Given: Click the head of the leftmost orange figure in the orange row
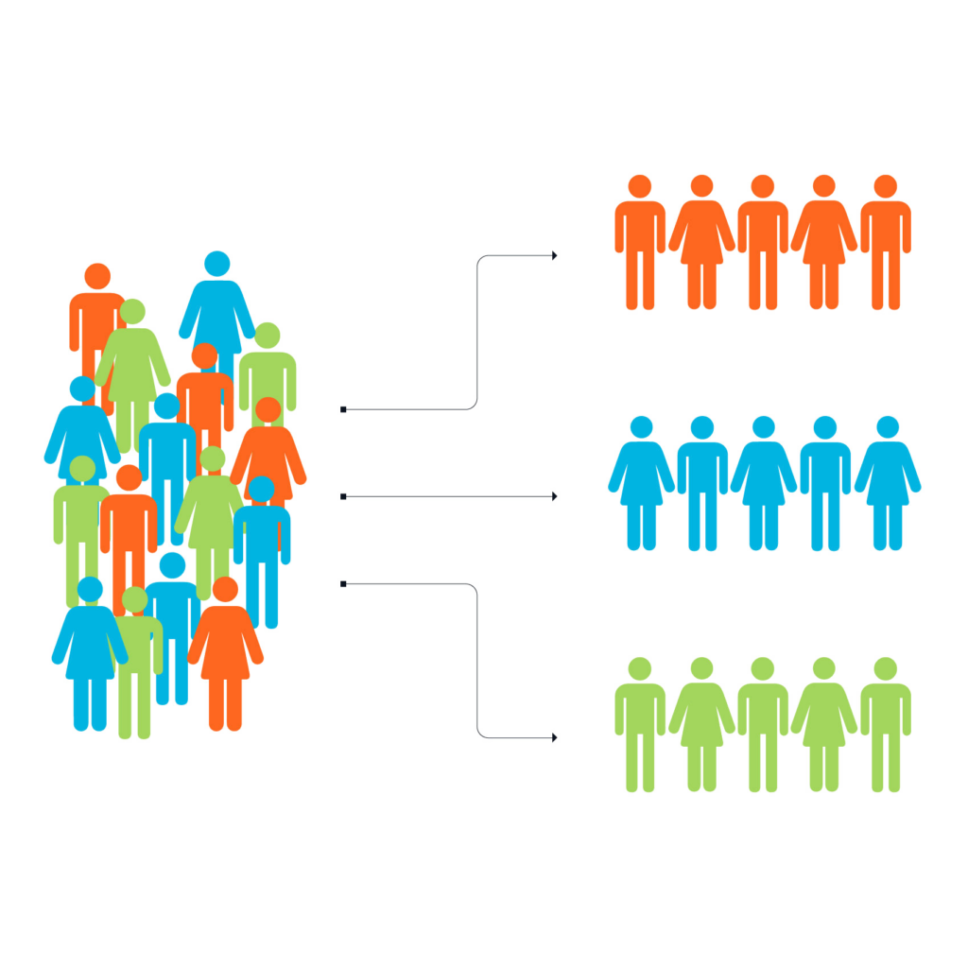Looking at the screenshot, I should click(640, 186).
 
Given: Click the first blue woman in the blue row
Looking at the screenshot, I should click(641, 482).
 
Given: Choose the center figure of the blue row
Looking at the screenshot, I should click(764, 482).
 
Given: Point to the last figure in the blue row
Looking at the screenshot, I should click(888, 482).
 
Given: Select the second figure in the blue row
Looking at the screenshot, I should click(702, 482).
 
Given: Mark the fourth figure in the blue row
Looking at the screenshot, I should click(825, 482).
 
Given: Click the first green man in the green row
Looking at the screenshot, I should click(640, 723).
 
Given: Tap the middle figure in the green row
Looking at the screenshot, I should click(763, 723).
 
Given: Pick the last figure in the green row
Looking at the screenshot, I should click(886, 723).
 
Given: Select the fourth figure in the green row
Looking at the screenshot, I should click(824, 723).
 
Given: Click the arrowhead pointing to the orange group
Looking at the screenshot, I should click(554, 255).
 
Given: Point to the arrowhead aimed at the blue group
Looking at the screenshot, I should click(554, 496).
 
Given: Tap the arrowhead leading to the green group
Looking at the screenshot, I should click(554, 737).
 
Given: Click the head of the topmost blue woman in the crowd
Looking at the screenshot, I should click(217, 264).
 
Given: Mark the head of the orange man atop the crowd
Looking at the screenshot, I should click(97, 276).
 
